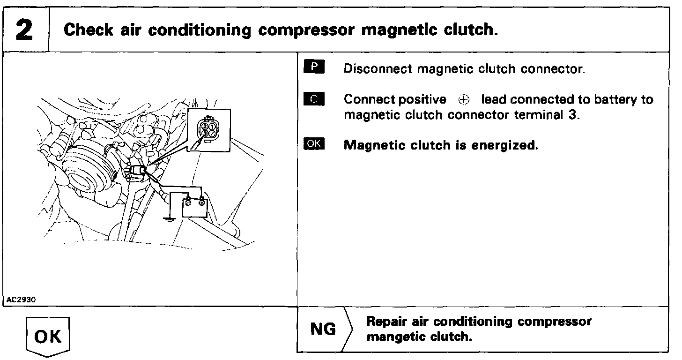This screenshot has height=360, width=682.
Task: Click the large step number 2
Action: [x=24, y=30]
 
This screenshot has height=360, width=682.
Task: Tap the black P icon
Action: [x=314, y=67]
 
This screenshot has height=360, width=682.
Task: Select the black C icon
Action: [x=314, y=98]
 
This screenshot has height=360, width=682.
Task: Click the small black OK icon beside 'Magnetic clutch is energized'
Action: [x=314, y=143]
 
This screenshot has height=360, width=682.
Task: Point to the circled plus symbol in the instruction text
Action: [x=464, y=100]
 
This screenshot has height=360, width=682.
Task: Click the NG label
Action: [x=323, y=329]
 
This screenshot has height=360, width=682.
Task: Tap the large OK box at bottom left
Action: [x=48, y=337]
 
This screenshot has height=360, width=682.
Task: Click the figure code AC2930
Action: [x=22, y=300]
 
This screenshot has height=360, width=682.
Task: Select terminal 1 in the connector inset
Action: [x=212, y=127]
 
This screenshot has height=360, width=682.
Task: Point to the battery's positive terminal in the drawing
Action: [x=201, y=202]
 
